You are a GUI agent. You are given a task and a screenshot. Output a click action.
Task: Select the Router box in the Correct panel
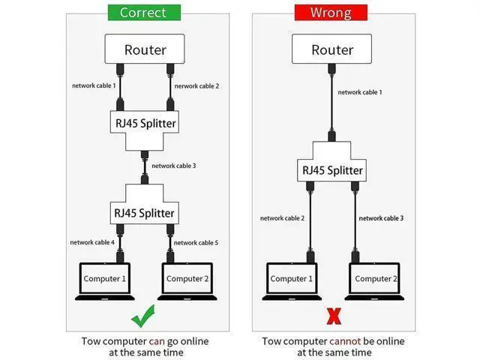pyautogui.click(x=145, y=50)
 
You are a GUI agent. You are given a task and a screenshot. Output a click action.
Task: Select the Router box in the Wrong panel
pyautogui.click(x=332, y=50)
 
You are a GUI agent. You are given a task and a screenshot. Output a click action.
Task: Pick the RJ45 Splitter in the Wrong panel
pyautogui.click(x=332, y=169)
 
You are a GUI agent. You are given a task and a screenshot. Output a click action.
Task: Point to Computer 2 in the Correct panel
pyautogui.click(x=185, y=280)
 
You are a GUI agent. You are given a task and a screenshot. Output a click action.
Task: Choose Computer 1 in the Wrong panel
pyautogui.click(x=289, y=280)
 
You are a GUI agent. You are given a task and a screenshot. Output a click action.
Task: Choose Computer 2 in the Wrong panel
pyautogui.click(x=373, y=280)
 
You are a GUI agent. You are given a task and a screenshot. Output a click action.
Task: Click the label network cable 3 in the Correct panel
pyautogui.click(x=174, y=166)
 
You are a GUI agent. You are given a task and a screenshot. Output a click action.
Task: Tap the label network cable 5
pyautogui.click(x=196, y=242)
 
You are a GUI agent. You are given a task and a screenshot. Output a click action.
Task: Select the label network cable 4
pyautogui.click(x=92, y=242)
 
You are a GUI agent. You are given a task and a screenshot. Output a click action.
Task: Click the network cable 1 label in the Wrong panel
pyautogui.click(x=360, y=92)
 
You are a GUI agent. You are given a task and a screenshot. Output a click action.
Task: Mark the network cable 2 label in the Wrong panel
pyautogui.click(x=282, y=218)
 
